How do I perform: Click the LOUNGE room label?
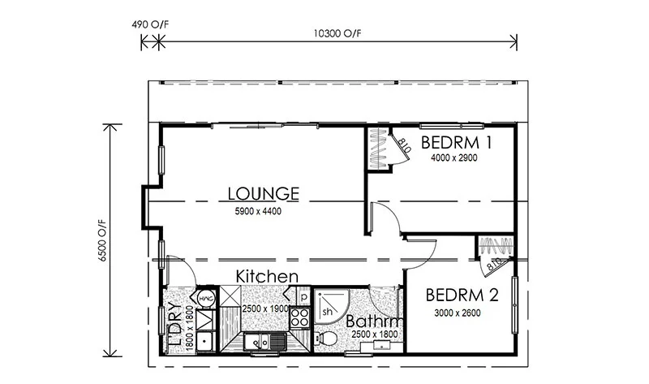tap(264, 194)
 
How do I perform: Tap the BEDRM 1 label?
tap(458, 144)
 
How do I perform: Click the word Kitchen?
tap(267, 277)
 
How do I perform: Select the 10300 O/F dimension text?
tap(337, 33)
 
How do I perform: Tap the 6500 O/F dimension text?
tap(101, 240)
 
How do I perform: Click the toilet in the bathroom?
tap(328, 338)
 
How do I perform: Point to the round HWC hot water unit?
tap(206, 299)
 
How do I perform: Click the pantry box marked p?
tap(300, 296)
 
